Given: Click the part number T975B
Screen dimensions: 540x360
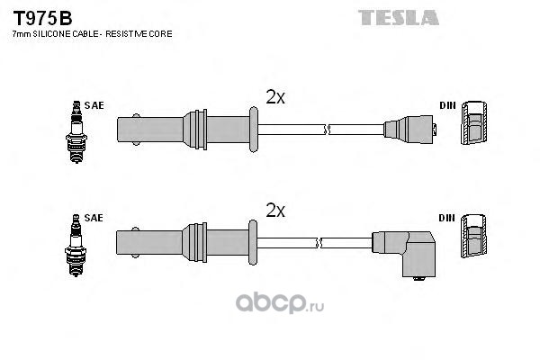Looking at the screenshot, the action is (x=42, y=18).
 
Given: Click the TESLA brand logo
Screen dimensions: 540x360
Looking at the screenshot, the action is (x=399, y=18).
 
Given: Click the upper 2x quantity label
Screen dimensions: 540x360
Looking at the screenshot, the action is (x=275, y=97).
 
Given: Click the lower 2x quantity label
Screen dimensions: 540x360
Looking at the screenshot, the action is (x=275, y=210).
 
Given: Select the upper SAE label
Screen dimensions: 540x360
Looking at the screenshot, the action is (x=94, y=105).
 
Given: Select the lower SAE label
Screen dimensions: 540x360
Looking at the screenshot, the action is (x=94, y=218).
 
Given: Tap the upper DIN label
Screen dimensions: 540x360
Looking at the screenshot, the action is (x=447, y=105).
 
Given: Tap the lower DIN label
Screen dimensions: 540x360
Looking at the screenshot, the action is (x=446, y=218).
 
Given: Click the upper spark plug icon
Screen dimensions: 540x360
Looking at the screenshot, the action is (x=76, y=132).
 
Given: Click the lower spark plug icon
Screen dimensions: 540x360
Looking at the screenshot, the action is (x=76, y=245).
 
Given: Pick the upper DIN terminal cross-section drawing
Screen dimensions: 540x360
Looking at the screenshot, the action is (x=474, y=122).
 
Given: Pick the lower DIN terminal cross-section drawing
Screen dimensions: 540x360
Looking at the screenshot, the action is (x=473, y=236).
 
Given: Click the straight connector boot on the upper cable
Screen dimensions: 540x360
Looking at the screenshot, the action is (x=409, y=130).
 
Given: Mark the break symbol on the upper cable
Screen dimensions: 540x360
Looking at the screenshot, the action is (x=327, y=130).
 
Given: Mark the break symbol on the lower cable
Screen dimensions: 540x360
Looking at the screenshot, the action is (x=319, y=242).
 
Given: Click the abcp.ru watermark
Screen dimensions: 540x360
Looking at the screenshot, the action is (x=280, y=303).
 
